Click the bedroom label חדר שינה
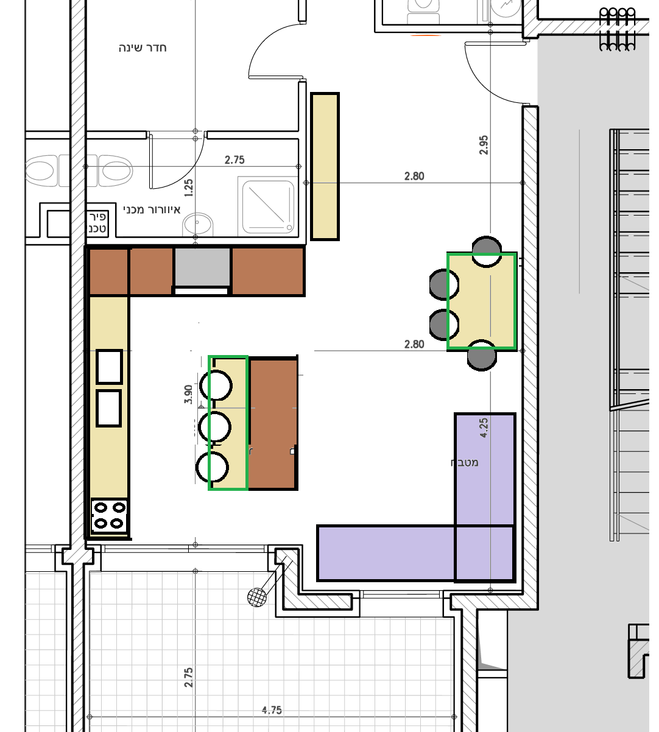click(143, 48)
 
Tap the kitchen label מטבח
click(464, 463)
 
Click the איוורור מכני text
click(152, 210)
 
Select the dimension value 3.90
click(188, 395)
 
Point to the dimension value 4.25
click(484, 428)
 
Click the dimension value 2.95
click(484, 145)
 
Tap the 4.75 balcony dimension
click(272, 710)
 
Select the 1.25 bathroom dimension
click(188, 188)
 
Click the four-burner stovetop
click(109, 516)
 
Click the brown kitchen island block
click(273, 424)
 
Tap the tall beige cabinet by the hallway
click(325, 166)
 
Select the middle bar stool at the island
click(214, 427)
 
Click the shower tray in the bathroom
click(268, 207)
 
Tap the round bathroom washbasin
click(197, 223)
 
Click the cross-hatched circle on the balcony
click(257, 597)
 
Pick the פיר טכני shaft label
click(97, 223)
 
